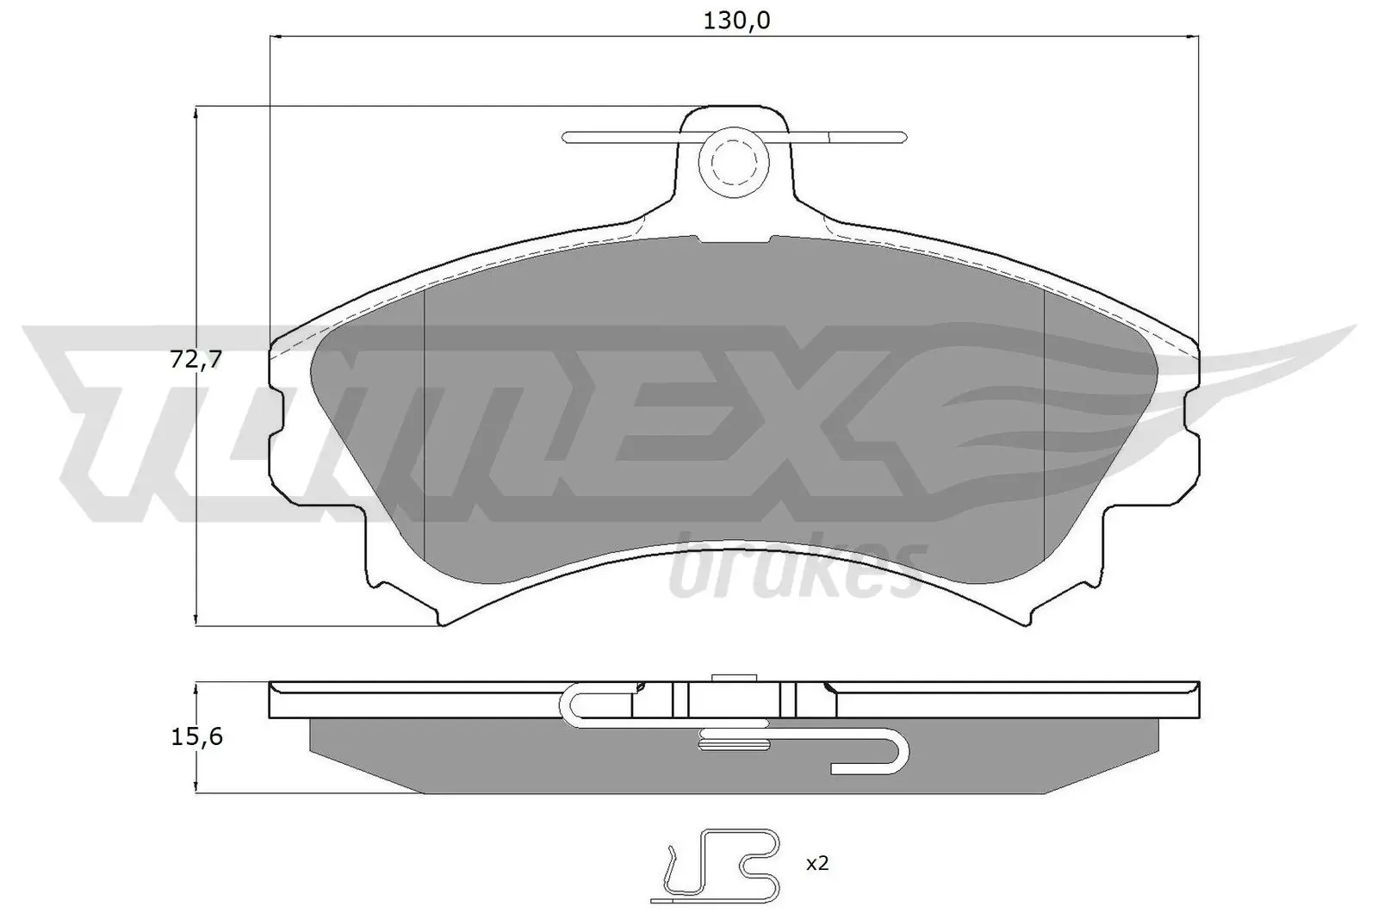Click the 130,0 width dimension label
736,21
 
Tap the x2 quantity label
816,863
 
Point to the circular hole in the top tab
729,160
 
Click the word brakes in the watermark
797,569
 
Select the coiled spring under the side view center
733,739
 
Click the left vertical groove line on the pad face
426,422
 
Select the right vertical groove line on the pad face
1043,422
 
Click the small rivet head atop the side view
729,678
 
